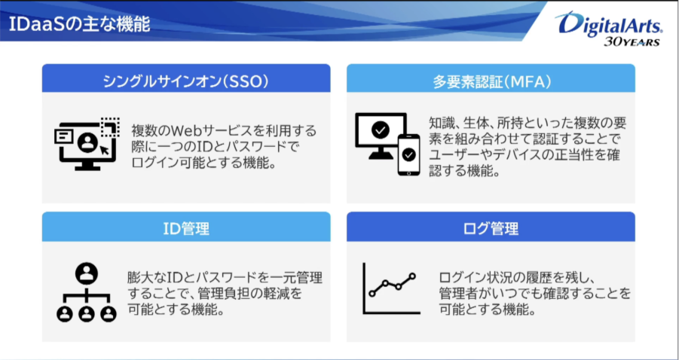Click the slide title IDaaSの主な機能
coord(80,25)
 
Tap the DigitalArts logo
coord(608,23)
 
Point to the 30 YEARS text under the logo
coord(632,41)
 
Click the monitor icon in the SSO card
coord(87,145)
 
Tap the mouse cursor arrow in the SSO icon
coord(104,150)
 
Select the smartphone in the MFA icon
coord(408,155)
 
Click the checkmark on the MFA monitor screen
coord(381,130)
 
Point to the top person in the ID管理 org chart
coord(87,273)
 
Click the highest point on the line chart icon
coord(411,276)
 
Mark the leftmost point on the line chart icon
coord(371,294)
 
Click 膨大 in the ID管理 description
coord(139,277)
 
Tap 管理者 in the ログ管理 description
coord(457,294)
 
